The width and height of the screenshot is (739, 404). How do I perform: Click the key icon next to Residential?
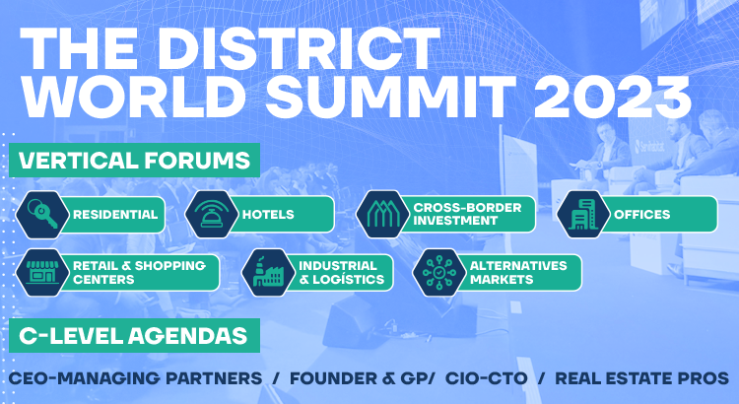click(x=42, y=215)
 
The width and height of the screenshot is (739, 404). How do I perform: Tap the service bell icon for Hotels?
click(x=211, y=215)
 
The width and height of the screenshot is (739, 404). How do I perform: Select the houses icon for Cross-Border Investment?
click(x=382, y=215)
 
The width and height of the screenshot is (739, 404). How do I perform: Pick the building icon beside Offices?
click(x=583, y=215)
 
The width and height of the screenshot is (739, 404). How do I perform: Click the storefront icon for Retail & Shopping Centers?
click(x=42, y=273)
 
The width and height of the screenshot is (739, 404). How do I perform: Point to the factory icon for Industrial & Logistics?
click(x=268, y=273)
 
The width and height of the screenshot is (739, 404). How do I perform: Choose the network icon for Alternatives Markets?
click(x=439, y=273)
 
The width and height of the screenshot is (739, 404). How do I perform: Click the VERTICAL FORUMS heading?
click(x=134, y=161)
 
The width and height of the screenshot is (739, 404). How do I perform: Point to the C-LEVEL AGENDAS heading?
click(x=133, y=336)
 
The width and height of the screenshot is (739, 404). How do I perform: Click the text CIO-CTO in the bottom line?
click(x=487, y=378)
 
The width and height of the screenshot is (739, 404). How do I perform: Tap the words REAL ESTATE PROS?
click(x=641, y=378)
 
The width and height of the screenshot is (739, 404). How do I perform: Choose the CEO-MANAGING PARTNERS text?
click(x=135, y=378)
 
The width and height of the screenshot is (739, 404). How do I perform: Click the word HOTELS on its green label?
click(x=268, y=215)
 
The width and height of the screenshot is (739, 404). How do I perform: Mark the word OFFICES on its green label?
click(x=641, y=215)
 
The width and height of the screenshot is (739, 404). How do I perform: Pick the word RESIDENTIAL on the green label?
click(x=115, y=215)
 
